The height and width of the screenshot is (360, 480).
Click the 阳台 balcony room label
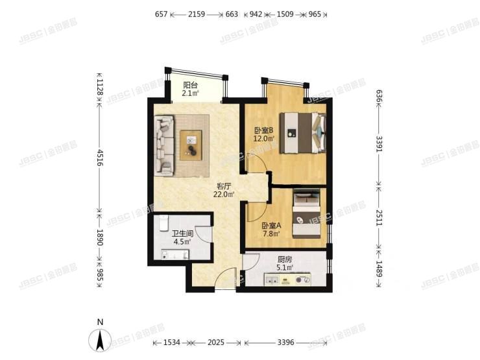click(x=190, y=85)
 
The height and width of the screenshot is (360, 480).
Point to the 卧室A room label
click(x=270, y=226)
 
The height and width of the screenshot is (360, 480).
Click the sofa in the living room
click(x=165, y=145)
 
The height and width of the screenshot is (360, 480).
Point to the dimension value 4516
click(x=100, y=158)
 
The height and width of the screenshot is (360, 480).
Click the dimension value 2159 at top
click(x=197, y=14)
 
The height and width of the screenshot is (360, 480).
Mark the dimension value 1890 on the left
click(x=100, y=235)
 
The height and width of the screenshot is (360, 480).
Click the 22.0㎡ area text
click(x=224, y=193)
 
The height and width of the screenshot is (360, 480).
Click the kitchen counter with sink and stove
click(x=287, y=280)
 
